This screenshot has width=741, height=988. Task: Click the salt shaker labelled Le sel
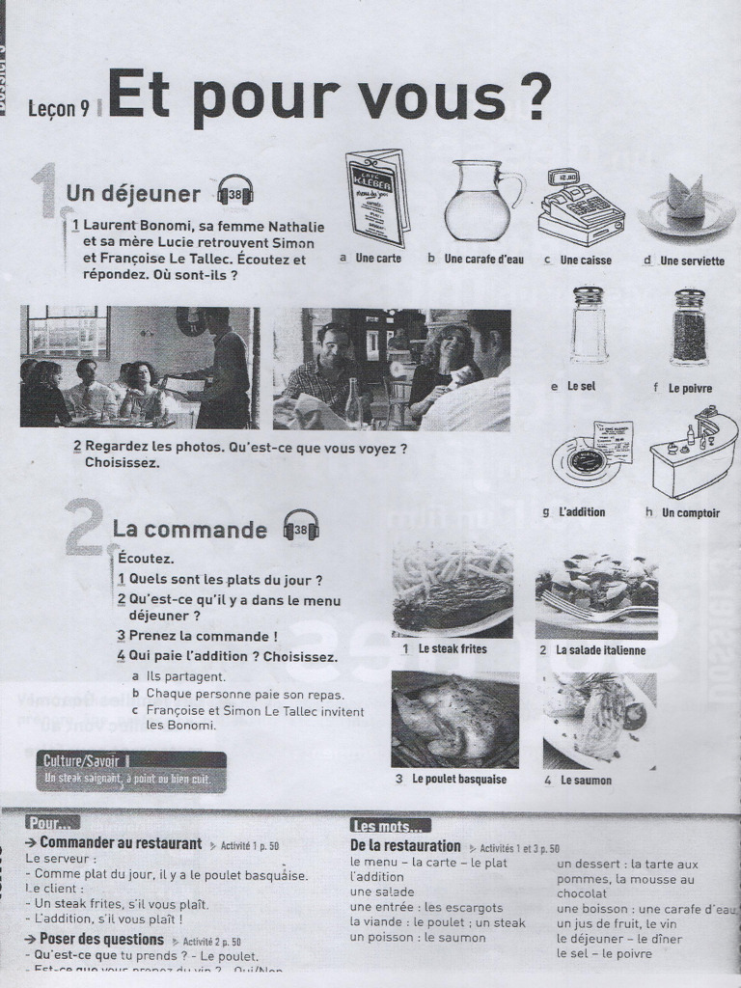[x=588, y=324]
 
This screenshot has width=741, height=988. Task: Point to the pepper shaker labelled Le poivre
[x=689, y=326]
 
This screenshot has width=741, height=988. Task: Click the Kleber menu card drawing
[x=377, y=198]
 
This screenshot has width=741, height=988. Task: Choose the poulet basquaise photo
[x=453, y=719]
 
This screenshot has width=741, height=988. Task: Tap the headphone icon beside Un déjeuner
[x=235, y=191]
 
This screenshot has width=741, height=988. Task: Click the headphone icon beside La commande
[x=301, y=527]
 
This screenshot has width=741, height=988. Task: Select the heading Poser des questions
[x=101, y=939]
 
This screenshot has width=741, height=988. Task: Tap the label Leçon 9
[x=59, y=109]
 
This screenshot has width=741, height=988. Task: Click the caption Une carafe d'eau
[x=483, y=260]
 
